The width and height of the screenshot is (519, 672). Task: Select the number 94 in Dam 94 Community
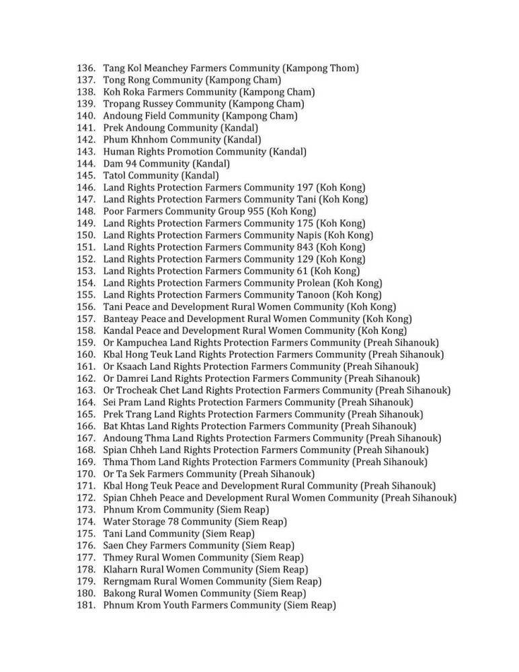(130, 163)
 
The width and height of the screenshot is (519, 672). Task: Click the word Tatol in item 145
(117, 175)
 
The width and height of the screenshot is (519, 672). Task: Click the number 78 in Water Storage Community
(177, 521)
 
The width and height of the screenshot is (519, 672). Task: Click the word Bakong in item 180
(119, 593)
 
